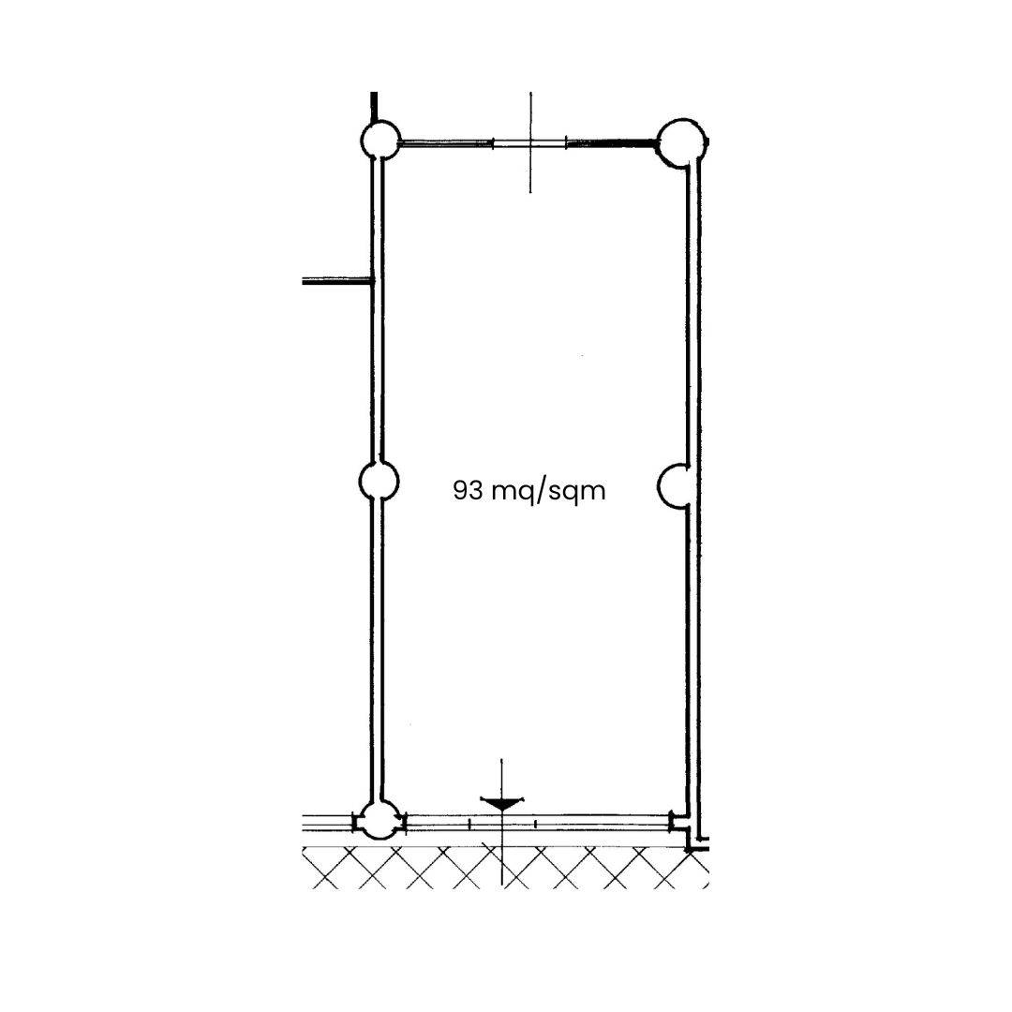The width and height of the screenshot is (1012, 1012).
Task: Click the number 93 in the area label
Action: click(468, 490)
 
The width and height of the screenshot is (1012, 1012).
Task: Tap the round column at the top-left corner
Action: click(379, 140)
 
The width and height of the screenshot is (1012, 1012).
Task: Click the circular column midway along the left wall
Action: click(379, 481)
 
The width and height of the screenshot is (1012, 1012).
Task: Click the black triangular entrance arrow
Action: click(501, 804)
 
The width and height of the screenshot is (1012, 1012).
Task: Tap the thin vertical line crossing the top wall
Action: click(530, 142)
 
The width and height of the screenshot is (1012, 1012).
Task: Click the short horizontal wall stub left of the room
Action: click(337, 281)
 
